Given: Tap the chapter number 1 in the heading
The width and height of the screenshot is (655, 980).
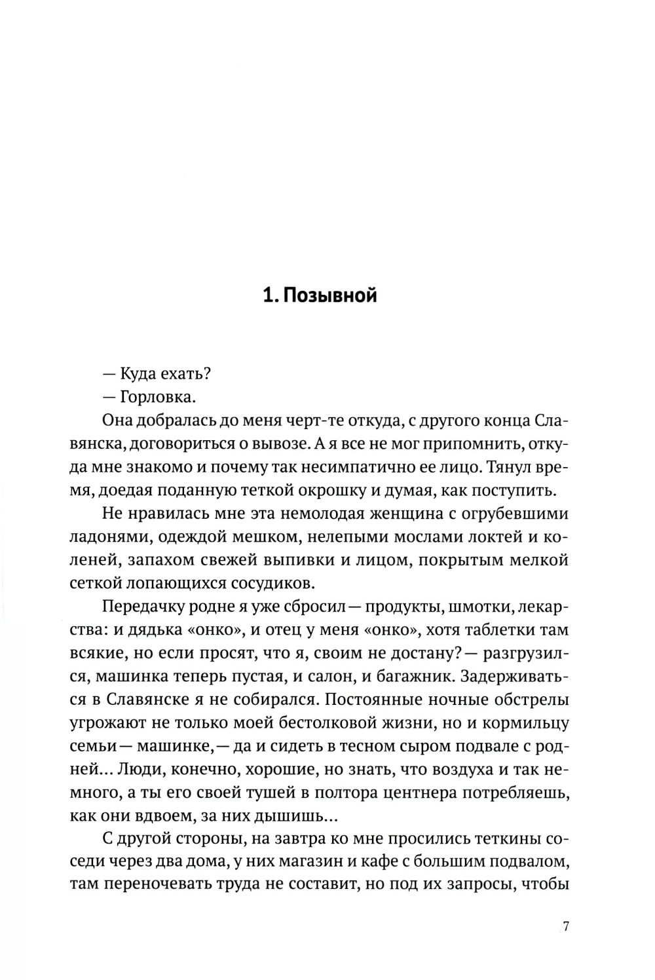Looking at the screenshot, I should point(267,296).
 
